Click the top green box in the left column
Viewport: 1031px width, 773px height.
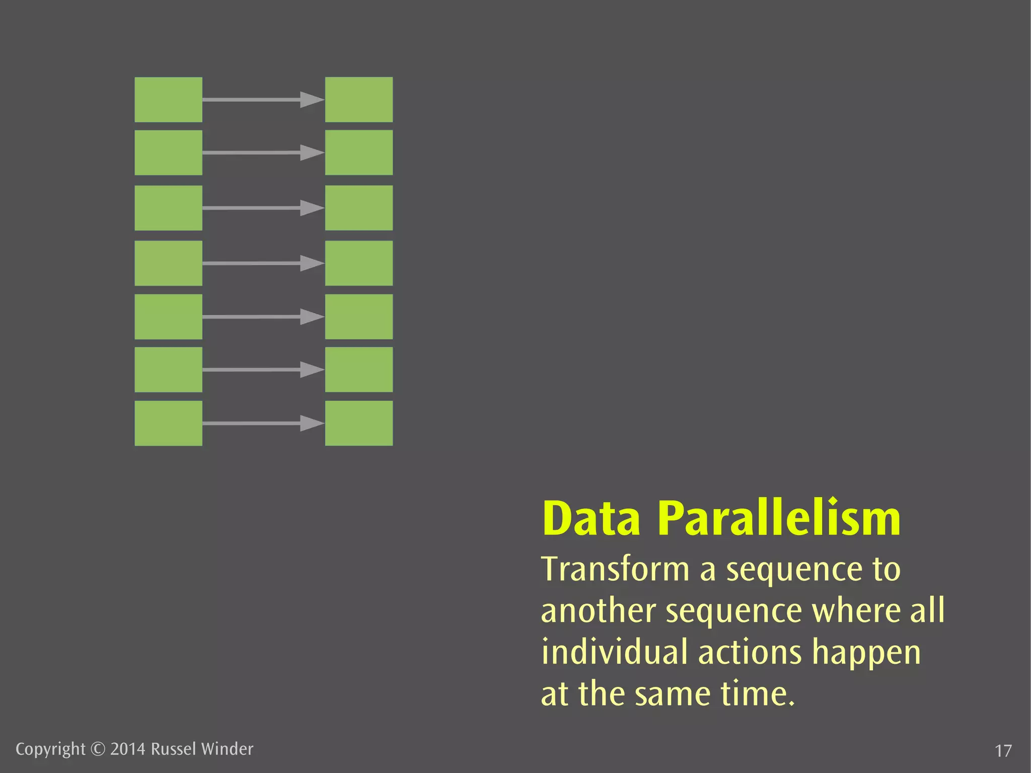click(x=168, y=99)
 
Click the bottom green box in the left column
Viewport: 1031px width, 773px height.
click(x=168, y=423)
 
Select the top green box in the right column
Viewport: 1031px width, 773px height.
click(x=358, y=99)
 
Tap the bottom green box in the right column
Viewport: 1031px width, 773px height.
click(x=358, y=423)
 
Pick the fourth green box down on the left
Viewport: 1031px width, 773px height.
click(x=168, y=263)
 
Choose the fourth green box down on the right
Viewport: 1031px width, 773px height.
click(x=358, y=263)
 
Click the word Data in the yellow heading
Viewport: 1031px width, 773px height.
click(x=591, y=519)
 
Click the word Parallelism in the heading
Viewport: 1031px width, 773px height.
click(x=779, y=519)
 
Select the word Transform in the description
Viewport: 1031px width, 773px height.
click(x=615, y=569)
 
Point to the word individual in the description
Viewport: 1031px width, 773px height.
click(x=614, y=652)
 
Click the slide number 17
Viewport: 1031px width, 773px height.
click(x=1003, y=751)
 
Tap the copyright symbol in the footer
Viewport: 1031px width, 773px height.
click(x=98, y=749)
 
